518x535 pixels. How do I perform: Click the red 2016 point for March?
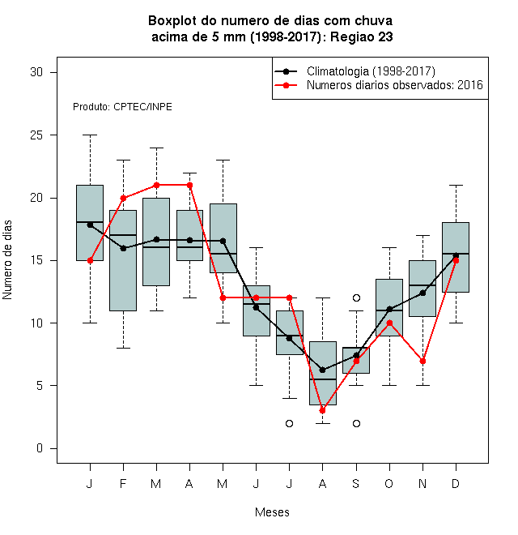point(156,186)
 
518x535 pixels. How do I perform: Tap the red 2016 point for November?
point(422,361)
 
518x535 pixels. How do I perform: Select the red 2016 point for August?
point(322,410)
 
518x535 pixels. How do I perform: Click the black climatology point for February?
point(123,248)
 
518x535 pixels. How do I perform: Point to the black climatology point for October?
point(389,310)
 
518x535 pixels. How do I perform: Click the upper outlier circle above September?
point(356,297)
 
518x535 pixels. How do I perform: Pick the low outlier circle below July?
point(289,423)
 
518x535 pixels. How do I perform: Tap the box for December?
point(456,257)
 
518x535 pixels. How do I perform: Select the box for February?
point(123,261)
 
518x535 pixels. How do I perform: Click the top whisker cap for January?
point(90,135)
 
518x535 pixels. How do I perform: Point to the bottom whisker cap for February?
point(123,348)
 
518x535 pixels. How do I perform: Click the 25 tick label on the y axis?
point(36,135)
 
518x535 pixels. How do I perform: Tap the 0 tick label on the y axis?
point(40,448)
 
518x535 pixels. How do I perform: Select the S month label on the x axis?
point(356,483)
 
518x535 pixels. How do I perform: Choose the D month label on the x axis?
point(456,483)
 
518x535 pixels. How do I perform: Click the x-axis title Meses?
point(272,512)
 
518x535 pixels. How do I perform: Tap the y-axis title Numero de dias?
point(7,260)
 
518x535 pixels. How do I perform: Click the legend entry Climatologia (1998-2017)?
point(371,71)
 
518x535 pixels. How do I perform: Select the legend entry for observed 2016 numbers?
point(395,85)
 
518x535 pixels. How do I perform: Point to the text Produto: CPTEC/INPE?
point(122,107)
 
